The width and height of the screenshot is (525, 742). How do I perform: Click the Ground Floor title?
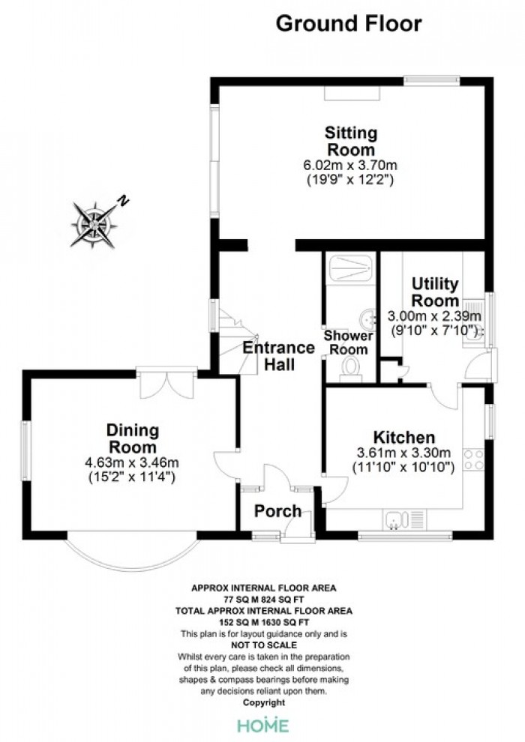349,24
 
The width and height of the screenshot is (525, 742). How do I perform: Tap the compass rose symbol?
94,224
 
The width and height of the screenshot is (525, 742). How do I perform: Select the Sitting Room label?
351,141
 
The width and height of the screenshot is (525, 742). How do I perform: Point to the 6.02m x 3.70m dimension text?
349,165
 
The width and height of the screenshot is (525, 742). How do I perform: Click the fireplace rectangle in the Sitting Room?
352,93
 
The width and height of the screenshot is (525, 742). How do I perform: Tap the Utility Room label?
435,292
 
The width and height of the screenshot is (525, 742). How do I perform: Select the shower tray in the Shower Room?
349,268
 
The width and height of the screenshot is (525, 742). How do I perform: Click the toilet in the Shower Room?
351,369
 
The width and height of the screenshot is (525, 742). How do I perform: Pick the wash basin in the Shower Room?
367,319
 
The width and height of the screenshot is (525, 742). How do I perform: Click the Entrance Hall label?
279,356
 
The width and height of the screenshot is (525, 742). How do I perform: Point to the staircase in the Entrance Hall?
238,341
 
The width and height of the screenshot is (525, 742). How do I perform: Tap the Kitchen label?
403,437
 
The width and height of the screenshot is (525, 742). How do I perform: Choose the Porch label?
278,511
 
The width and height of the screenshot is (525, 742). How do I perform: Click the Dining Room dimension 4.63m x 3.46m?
132,462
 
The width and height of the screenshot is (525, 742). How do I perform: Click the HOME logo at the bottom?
262,725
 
